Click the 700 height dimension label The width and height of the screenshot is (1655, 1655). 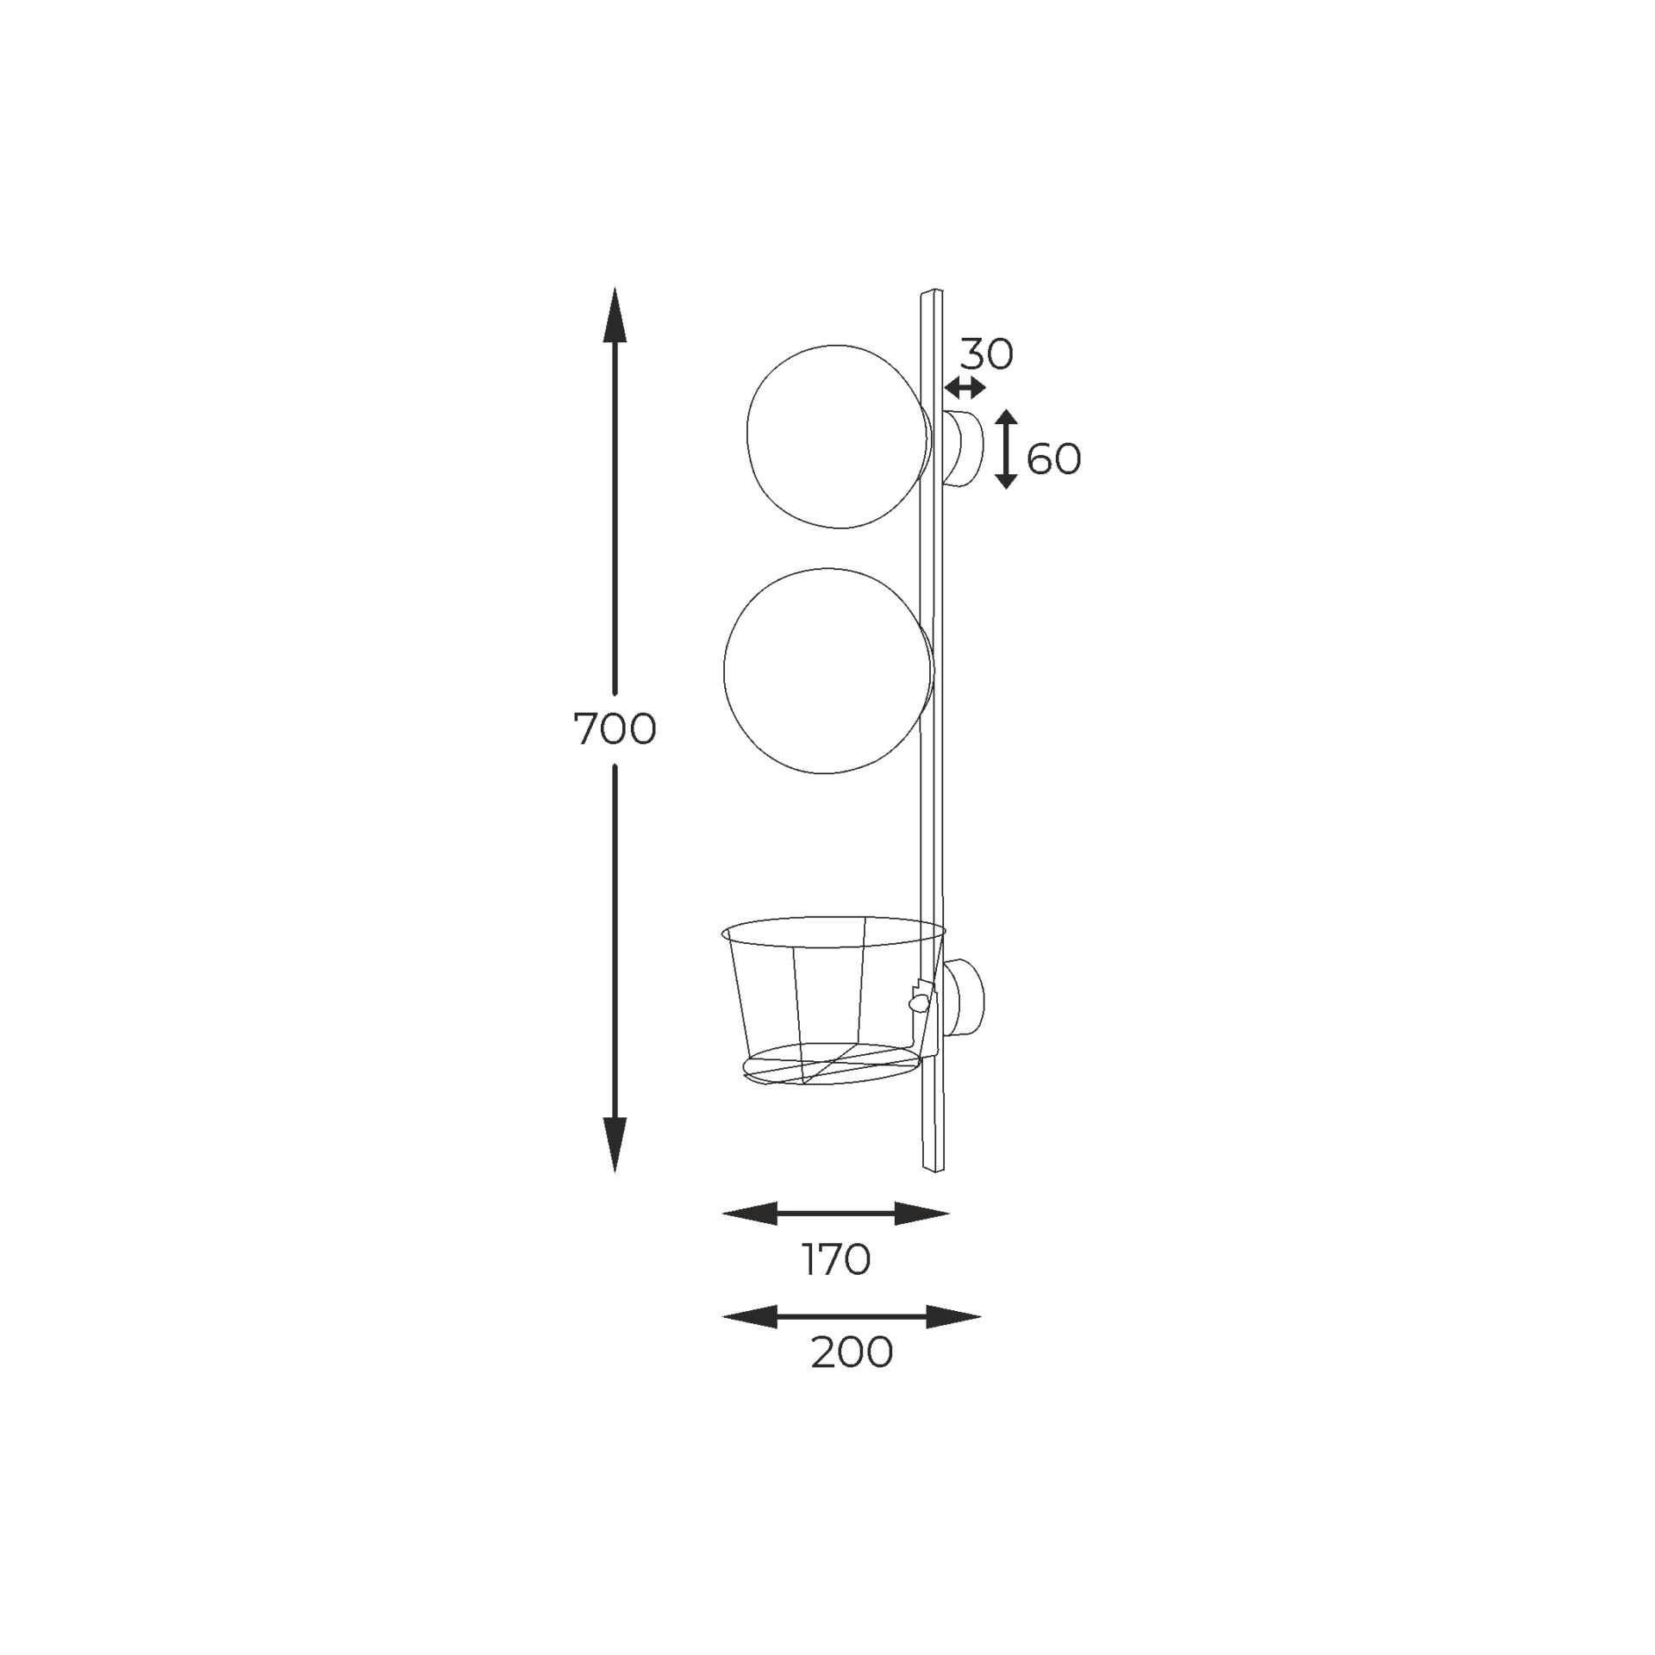click(x=615, y=730)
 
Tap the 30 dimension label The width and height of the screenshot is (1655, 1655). click(x=987, y=354)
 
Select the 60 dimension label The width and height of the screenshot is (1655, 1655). click(x=1053, y=459)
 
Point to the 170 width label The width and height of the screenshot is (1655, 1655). click(x=836, y=1260)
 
